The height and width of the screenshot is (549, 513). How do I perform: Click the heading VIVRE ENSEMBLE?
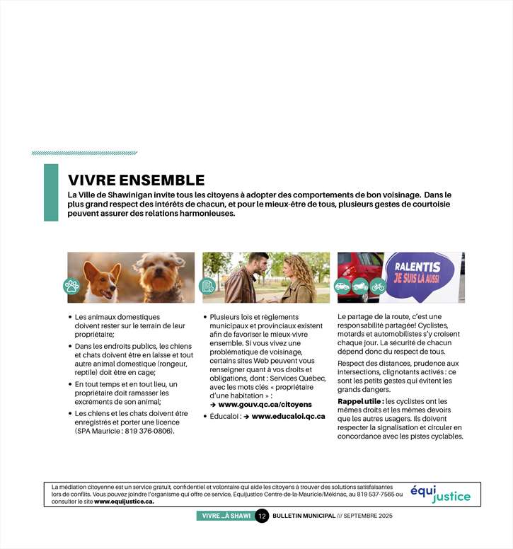[x=136, y=180]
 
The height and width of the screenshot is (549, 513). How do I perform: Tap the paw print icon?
[x=71, y=286]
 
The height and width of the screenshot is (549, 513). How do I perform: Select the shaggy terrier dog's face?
[x=161, y=272]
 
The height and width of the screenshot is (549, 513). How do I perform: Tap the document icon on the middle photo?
[x=207, y=286]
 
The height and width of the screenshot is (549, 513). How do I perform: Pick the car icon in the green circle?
[x=342, y=287]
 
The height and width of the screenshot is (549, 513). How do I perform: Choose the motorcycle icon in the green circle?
[x=359, y=287]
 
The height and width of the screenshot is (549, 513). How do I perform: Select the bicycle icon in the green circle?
[x=377, y=287]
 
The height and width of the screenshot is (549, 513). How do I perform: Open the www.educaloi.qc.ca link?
[x=288, y=417]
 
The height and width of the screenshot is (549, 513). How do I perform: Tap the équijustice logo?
[x=440, y=494]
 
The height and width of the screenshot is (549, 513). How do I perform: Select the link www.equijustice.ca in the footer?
[x=124, y=502]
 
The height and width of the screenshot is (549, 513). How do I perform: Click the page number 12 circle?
[x=261, y=516]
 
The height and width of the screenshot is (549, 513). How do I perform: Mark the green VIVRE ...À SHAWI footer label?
[x=225, y=516]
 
